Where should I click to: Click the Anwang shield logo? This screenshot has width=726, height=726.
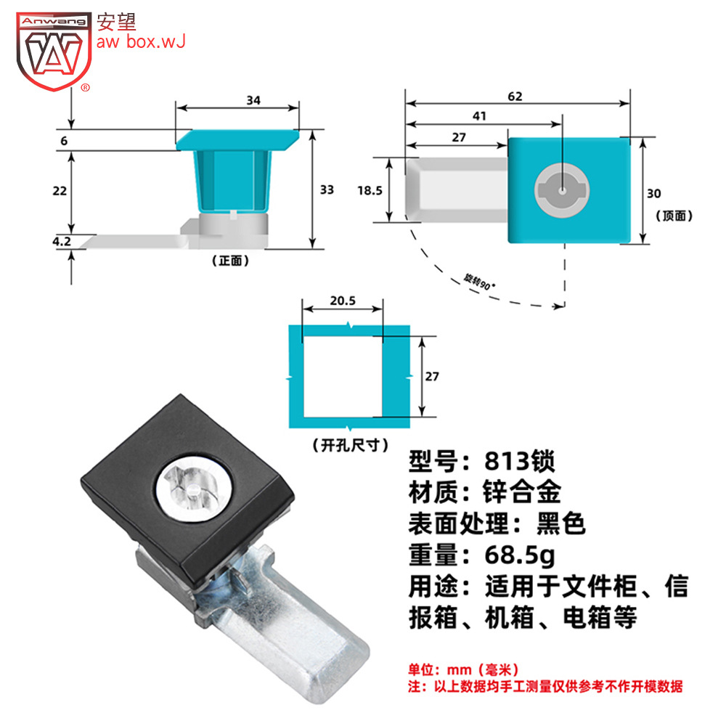[x=54, y=52]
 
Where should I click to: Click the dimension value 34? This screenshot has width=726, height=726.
[x=253, y=100]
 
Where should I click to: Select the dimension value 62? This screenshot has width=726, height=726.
[x=515, y=97]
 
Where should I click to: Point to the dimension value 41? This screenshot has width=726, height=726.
[x=479, y=115]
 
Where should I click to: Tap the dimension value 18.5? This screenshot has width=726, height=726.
[x=370, y=190]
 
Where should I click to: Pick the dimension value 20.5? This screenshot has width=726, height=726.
[x=343, y=301]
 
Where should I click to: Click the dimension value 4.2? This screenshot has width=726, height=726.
[x=62, y=241]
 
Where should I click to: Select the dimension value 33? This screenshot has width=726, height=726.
[x=327, y=189]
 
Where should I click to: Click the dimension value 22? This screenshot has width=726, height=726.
[x=60, y=191]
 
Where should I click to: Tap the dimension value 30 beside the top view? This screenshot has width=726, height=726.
[x=654, y=194]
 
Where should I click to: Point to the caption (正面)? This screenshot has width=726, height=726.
[x=230, y=261]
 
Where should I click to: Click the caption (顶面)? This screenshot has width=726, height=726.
[x=674, y=216]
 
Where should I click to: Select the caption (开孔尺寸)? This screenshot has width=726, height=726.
[x=351, y=446]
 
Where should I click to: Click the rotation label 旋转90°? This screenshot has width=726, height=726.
[x=479, y=282]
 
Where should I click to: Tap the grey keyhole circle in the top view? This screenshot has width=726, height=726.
[x=562, y=190]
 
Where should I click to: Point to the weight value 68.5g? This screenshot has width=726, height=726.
[x=520, y=555]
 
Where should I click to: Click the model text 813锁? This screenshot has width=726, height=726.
[x=520, y=461]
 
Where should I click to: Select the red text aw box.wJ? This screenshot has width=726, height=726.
[x=142, y=41]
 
